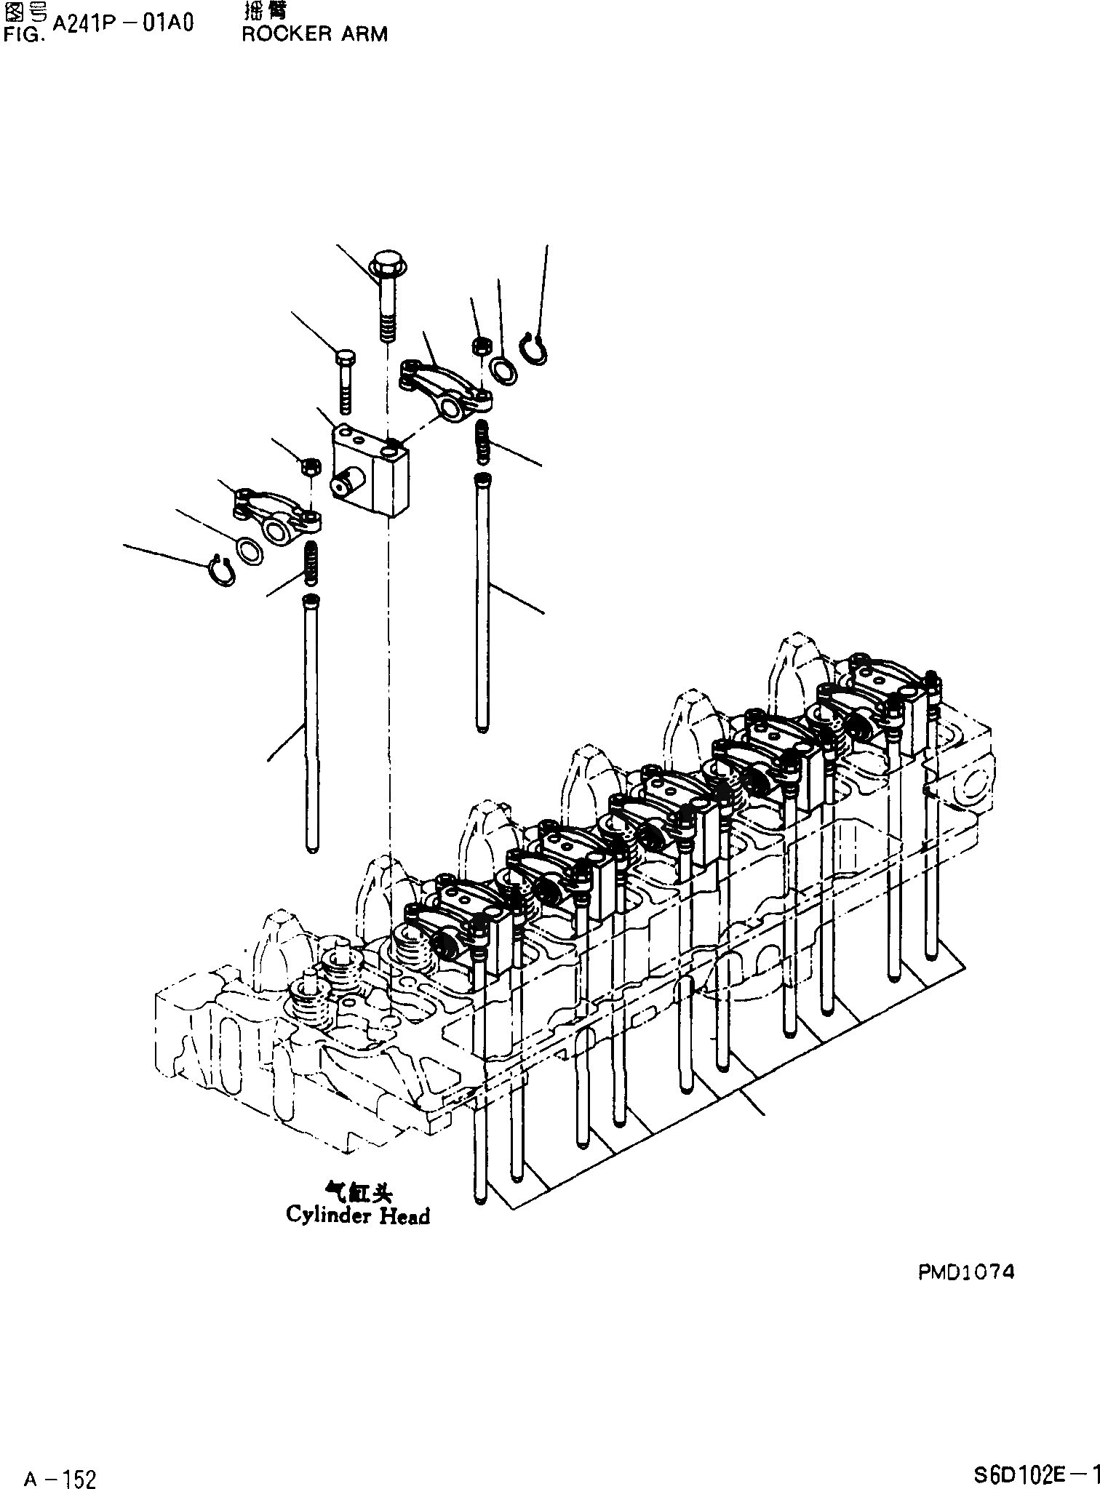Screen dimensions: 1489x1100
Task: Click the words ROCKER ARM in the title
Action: point(314,34)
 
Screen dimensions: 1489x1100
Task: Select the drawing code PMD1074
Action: point(965,1272)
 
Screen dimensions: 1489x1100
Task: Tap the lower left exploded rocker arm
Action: point(276,516)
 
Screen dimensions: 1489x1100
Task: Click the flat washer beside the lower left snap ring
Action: point(250,551)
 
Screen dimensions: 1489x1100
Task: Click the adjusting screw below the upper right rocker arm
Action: point(482,442)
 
